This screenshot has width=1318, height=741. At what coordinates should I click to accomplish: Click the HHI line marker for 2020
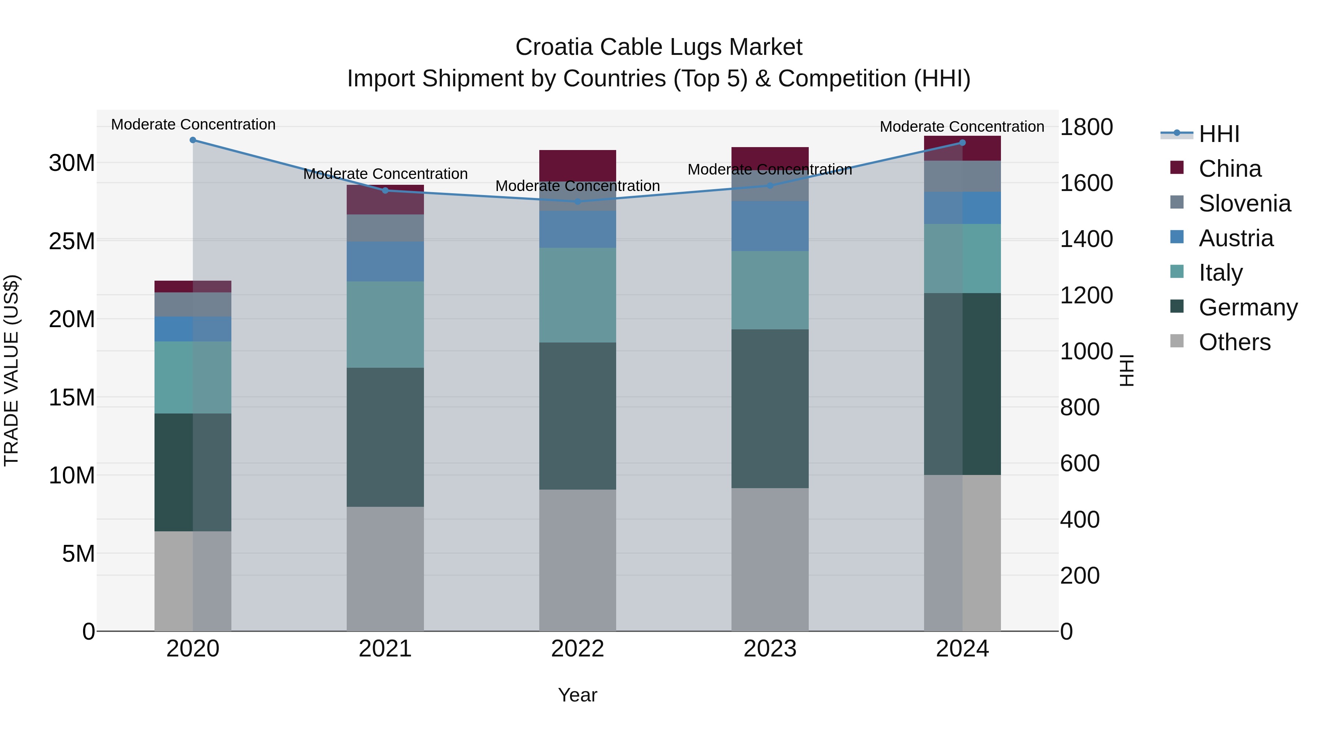click(x=193, y=140)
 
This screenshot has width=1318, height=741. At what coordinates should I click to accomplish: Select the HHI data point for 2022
click(x=578, y=202)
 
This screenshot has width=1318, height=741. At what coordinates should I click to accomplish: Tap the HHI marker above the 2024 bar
click(x=963, y=143)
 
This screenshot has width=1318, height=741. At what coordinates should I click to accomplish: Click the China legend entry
click(x=1229, y=169)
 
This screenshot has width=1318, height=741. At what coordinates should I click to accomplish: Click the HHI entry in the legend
click(x=1219, y=134)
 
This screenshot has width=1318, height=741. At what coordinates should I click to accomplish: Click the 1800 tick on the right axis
click(x=1086, y=127)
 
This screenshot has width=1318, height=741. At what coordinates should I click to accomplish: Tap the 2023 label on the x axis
click(x=770, y=649)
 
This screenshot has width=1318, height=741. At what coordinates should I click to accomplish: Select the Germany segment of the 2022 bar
click(x=578, y=415)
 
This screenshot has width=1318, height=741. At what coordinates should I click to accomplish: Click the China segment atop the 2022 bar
click(x=578, y=165)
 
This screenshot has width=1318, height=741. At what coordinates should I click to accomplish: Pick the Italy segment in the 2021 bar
click(x=385, y=324)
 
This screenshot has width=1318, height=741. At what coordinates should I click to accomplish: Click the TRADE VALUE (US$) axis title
click(x=11, y=370)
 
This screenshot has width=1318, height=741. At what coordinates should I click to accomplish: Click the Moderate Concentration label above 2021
click(x=385, y=174)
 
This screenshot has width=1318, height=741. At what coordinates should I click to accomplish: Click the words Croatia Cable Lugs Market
click(x=659, y=47)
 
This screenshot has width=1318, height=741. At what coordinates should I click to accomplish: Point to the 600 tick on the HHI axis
click(x=1080, y=463)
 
